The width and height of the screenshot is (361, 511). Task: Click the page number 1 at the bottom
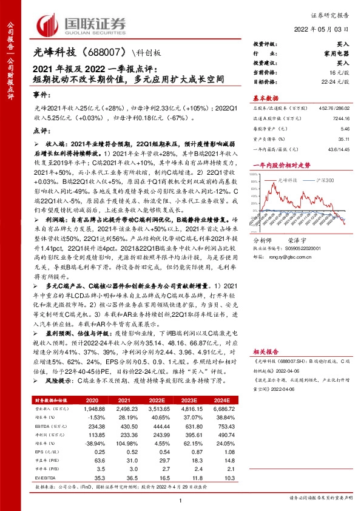[x=181, y=500]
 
